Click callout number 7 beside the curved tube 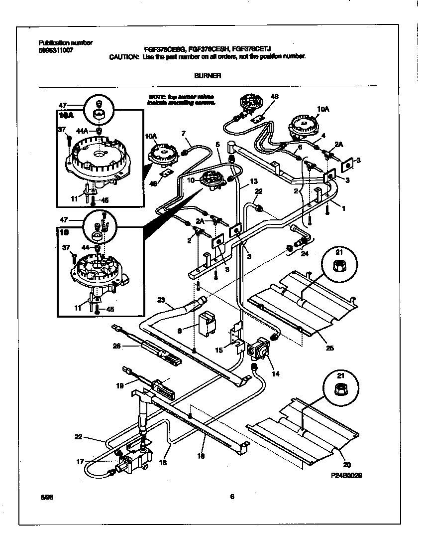tap(183, 133)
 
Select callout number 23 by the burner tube tap(160, 300)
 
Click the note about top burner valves tap(182, 99)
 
